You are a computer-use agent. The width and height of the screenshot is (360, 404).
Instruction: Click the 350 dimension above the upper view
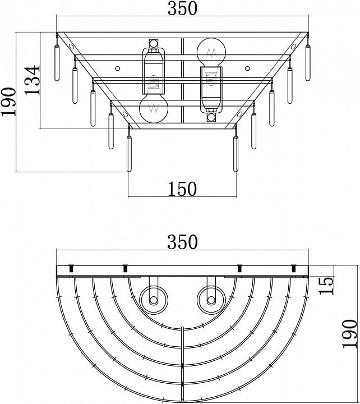tap(182, 8)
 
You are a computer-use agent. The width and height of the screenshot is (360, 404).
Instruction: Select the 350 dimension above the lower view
tap(182, 242)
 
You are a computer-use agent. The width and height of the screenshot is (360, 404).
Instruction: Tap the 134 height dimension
tap(33, 80)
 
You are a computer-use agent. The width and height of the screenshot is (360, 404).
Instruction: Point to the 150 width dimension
tap(182, 189)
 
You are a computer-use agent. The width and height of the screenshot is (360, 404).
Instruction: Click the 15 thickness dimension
tap(326, 286)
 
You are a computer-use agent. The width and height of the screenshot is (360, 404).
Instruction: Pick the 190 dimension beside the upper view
tap(8, 102)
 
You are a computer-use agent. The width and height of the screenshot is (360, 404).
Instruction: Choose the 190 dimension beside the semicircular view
tap(350, 334)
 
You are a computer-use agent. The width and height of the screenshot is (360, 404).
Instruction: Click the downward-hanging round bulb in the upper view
tap(154, 108)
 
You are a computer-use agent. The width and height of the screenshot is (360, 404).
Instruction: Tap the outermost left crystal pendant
tap(57, 63)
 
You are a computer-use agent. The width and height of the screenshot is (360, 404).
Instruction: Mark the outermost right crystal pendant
tap(308, 63)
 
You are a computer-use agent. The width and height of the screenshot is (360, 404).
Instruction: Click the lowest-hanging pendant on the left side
tap(129, 154)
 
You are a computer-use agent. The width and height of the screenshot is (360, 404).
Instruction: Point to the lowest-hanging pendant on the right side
tap(236, 154)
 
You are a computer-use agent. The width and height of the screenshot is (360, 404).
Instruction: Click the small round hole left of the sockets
tap(117, 68)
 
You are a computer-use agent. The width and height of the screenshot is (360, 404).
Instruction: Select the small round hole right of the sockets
tap(247, 68)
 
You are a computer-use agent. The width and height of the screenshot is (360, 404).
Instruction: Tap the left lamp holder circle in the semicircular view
tap(154, 300)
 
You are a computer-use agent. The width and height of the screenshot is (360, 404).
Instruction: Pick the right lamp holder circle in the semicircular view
tap(211, 300)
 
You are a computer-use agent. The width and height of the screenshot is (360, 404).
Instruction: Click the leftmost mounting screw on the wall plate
tap(71, 268)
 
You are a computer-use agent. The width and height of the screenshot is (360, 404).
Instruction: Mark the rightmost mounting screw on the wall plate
tap(293, 268)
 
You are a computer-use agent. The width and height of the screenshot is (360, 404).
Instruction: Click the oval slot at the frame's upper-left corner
tap(71, 47)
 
